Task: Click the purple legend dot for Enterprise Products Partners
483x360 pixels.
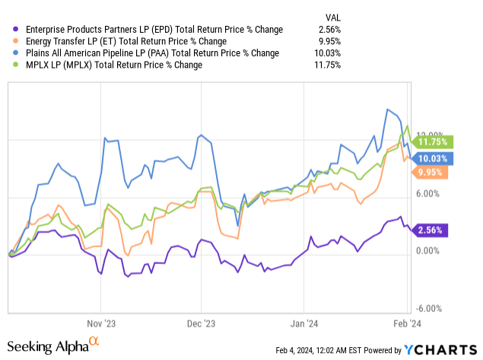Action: coord(11,30)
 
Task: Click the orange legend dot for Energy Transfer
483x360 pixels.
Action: coord(11,41)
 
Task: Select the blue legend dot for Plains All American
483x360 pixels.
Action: coord(11,53)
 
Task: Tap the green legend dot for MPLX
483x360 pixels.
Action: coord(11,65)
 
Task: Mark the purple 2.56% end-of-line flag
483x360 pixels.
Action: coord(432,230)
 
